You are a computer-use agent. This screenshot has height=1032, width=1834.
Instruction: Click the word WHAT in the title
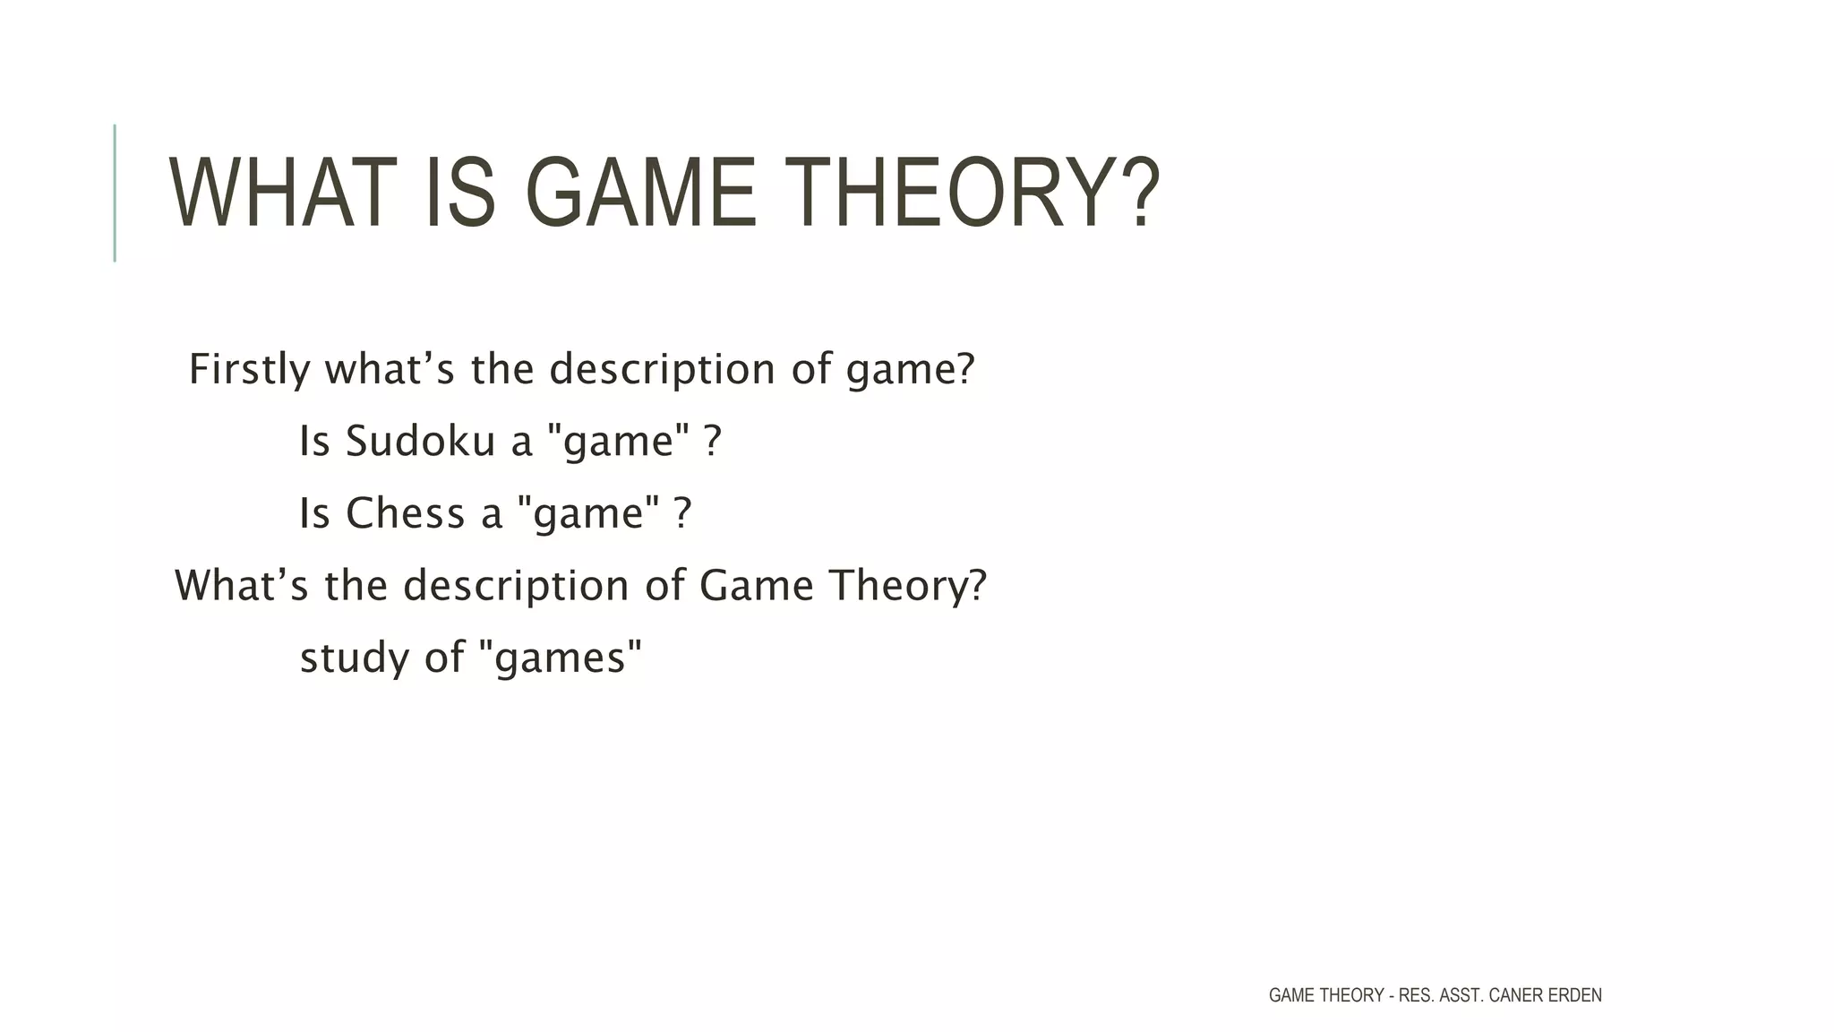282,193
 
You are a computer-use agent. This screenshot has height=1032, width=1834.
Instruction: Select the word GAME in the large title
641,193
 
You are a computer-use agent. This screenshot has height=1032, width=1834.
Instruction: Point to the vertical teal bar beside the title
115,193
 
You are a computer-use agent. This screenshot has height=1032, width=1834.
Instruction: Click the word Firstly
250,369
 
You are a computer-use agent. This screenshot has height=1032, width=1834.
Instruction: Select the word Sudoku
420,441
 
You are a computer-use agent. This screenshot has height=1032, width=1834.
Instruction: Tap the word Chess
405,513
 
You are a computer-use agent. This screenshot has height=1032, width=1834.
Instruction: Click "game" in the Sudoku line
618,441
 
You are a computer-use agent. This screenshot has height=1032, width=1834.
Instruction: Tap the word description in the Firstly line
662,369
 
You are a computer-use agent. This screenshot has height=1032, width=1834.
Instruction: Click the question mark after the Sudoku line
712,441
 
